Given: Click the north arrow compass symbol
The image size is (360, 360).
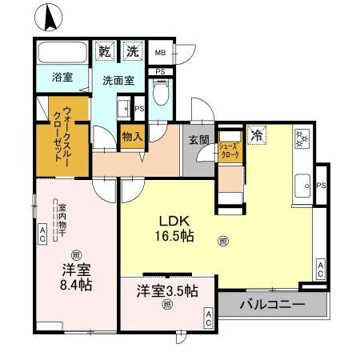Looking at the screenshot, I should [x=50, y=15].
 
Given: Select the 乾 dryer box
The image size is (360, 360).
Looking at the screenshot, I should [x=105, y=50].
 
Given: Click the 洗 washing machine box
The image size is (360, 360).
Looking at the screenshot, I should [x=132, y=50].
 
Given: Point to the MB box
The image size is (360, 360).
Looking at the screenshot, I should [x=160, y=54].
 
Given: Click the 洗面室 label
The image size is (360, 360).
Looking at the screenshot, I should [x=118, y=80].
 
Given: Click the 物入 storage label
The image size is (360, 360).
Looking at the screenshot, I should [x=132, y=136].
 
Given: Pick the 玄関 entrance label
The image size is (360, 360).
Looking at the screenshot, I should [x=198, y=139].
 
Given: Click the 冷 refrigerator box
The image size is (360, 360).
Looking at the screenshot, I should [x=257, y=134].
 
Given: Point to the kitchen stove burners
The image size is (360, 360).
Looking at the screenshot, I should [x=302, y=137].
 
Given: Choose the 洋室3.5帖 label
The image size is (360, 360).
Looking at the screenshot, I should [x=166, y=290].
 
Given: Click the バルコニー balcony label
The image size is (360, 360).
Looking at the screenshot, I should [x=272, y=305].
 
